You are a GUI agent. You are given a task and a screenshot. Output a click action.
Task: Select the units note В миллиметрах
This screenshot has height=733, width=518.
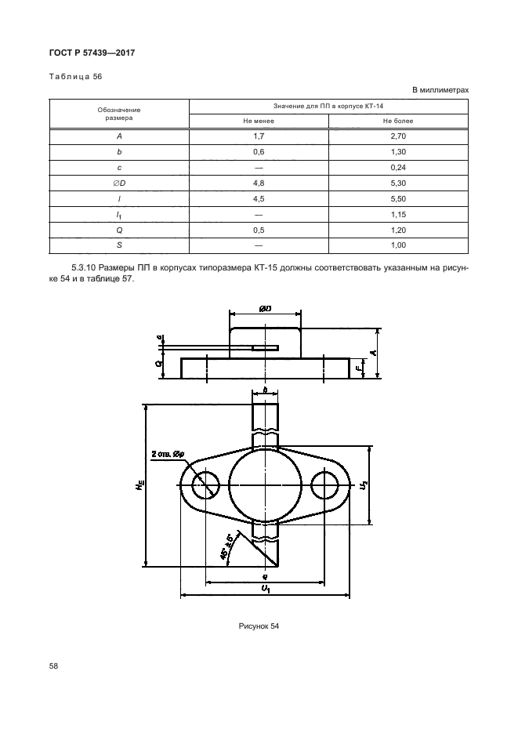click(x=440, y=90)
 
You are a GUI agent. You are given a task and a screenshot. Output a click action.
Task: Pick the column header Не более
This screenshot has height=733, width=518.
click(x=398, y=122)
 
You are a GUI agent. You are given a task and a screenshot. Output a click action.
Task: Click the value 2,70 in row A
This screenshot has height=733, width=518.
click(x=398, y=136)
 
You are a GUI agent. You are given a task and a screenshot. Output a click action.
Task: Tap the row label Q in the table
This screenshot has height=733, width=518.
click(x=120, y=230)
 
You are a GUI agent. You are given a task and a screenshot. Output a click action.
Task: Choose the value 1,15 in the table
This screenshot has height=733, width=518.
click(x=398, y=215)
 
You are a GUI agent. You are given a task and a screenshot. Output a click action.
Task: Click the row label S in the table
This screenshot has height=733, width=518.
click(x=120, y=246)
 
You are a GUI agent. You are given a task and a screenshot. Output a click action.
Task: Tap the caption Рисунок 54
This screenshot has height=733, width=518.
click(x=259, y=626)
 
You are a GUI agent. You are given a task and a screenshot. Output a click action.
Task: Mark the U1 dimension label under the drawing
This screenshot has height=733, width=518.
click(x=266, y=588)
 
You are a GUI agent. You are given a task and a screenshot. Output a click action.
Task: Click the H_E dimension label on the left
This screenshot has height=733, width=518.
click(x=139, y=486)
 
